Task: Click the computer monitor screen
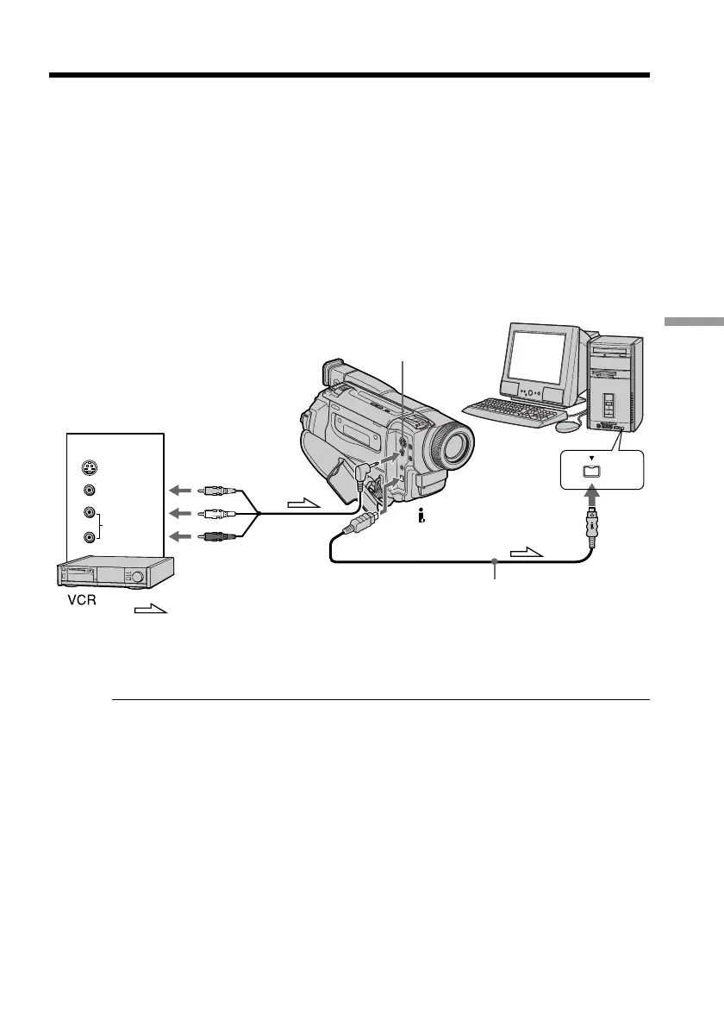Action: pyautogui.click(x=538, y=355)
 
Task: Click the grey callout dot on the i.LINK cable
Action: pyautogui.click(x=495, y=561)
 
